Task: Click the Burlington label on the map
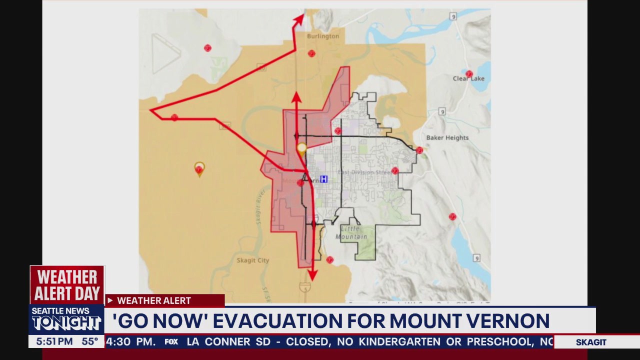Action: (x=322, y=36)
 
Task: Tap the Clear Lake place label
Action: (x=468, y=78)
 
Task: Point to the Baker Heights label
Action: (x=447, y=137)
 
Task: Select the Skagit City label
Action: (x=252, y=260)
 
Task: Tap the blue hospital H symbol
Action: (x=323, y=179)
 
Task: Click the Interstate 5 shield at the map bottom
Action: (x=304, y=287)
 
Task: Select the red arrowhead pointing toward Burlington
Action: (x=299, y=19)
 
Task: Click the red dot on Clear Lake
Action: (x=469, y=74)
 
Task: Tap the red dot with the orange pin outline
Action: (x=199, y=169)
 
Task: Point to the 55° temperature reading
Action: (x=90, y=341)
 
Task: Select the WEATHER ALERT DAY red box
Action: (x=67, y=284)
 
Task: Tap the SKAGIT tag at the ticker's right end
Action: (x=591, y=342)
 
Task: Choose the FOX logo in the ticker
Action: (x=171, y=342)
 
